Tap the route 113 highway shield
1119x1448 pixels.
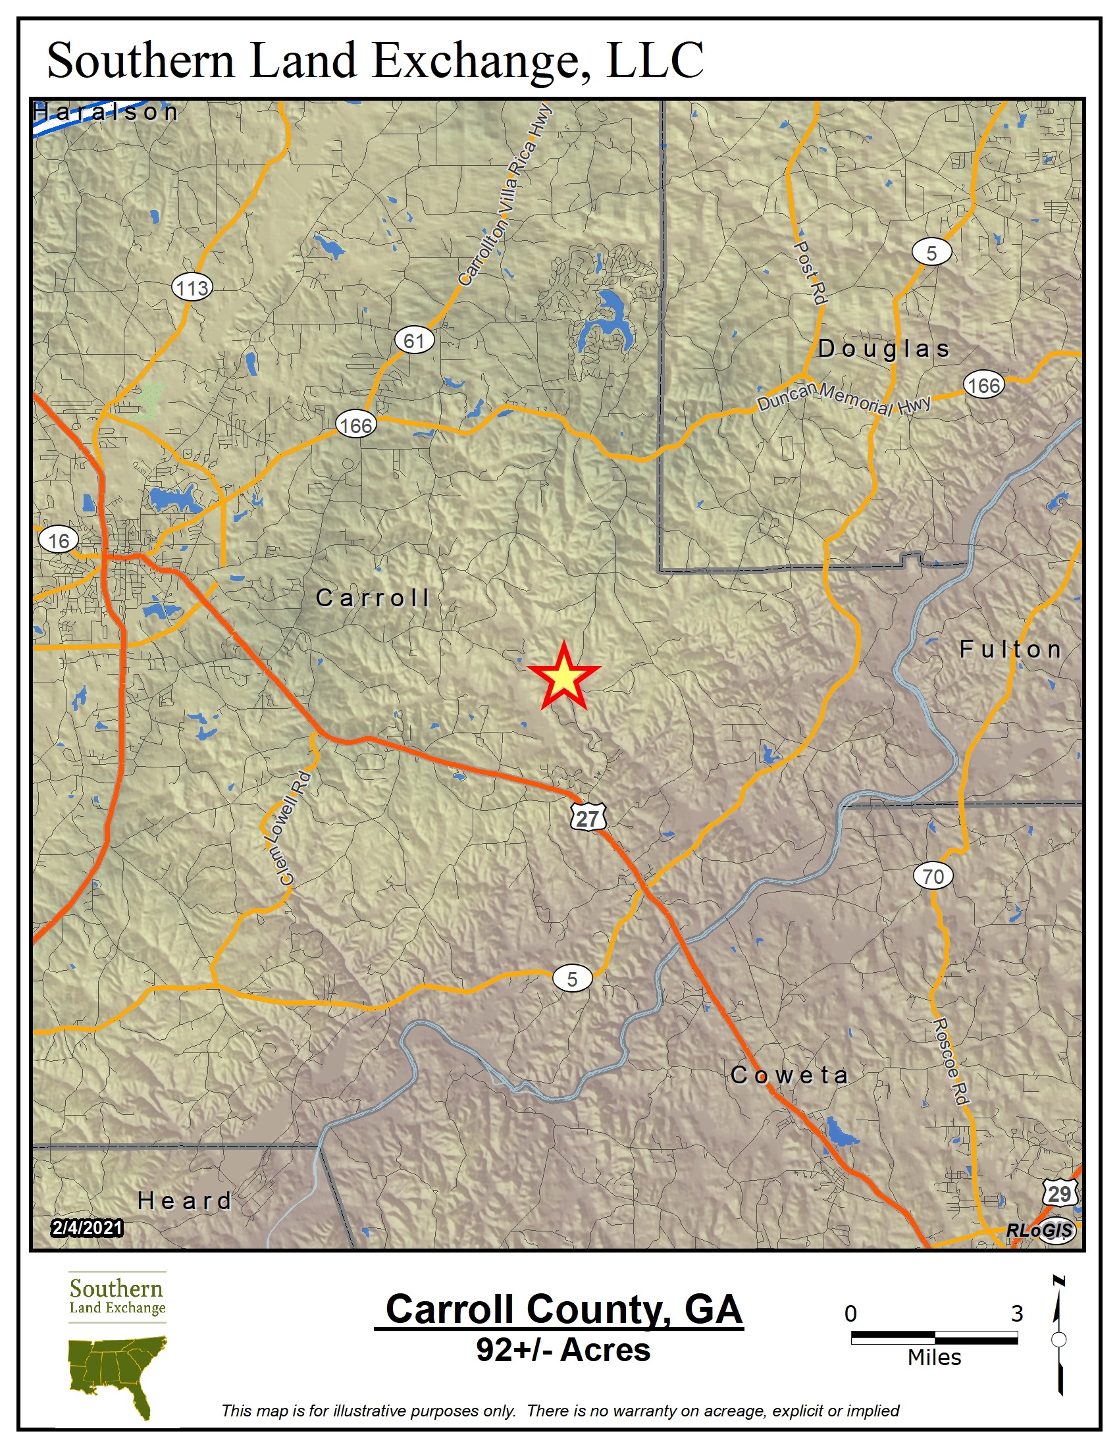pyautogui.click(x=192, y=288)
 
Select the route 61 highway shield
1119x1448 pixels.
pyautogui.click(x=414, y=341)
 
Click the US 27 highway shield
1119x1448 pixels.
pyautogui.click(x=588, y=818)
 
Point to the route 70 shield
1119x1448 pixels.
pyautogui.click(x=933, y=877)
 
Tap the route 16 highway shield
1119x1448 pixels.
pyautogui.click(x=59, y=540)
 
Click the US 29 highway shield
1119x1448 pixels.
pyautogui.click(x=1059, y=1194)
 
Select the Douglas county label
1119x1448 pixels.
pyautogui.click(x=884, y=349)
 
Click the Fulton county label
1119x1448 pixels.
pyautogui.click(x=1010, y=649)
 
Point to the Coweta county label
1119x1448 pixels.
pyautogui.click(x=789, y=1075)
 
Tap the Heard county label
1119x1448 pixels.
pyautogui.click(x=184, y=1201)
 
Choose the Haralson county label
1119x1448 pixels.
pyautogui.click(x=106, y=112)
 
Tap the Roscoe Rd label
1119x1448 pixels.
pyautogui.click(x=951, y=1062)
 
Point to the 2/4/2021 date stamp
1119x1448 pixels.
pyautogui.click(x=87, y=1228)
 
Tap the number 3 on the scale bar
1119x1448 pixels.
pyautogui.click(x=1017, y=1314)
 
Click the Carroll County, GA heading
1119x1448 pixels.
pyautogui.click(x=563, y=1308)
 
